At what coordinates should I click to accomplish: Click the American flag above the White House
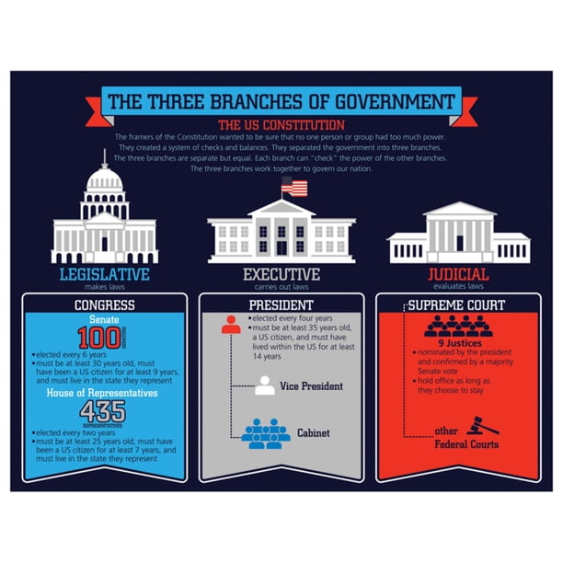pos(294,188)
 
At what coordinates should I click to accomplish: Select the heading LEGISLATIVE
pos(104,274)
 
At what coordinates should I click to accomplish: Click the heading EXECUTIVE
pos(281,274)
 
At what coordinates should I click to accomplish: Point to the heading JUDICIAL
pos(458,274)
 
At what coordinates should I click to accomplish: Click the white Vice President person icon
pos(265,385)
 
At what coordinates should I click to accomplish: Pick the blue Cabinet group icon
pos(265,432)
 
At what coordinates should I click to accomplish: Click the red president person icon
pos(231,324)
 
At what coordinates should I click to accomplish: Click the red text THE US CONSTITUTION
pos(281,124)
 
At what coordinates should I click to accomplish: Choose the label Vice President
pos(312,385)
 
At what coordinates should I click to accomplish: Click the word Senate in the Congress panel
pos(98,319)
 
